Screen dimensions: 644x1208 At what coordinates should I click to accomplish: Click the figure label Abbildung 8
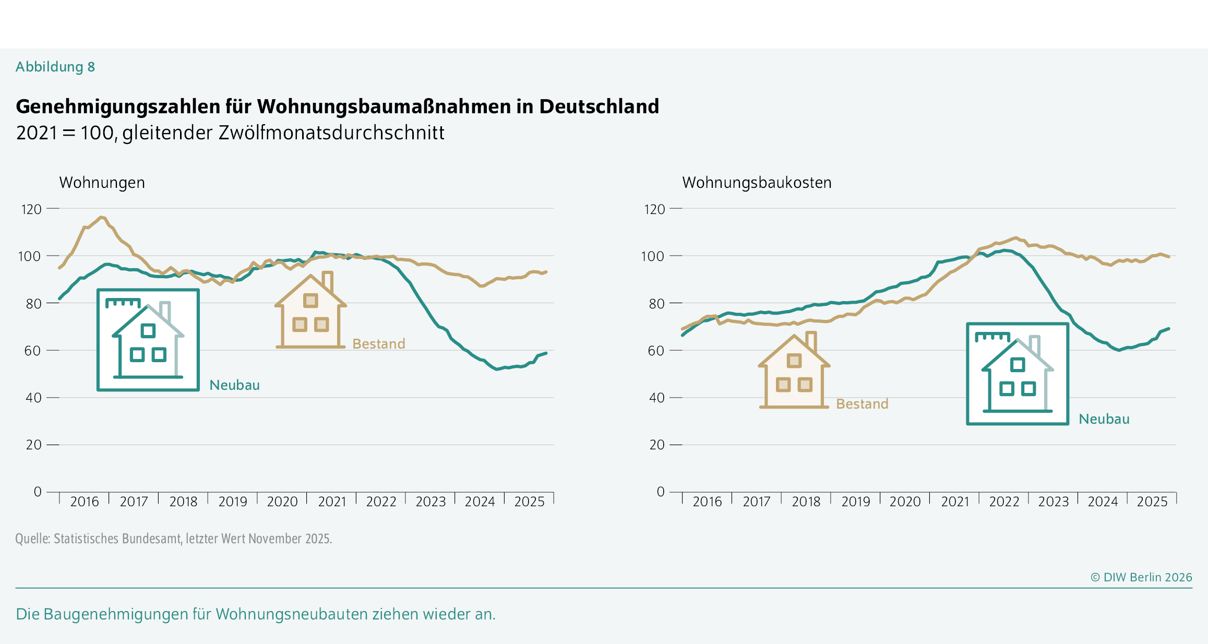tap(55, 67)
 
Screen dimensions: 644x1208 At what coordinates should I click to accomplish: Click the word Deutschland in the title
tap(599, 106)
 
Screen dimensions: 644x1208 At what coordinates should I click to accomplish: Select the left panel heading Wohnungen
tap(102, 183)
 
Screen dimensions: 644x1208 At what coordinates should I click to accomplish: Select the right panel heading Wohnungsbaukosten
tap(756, 183)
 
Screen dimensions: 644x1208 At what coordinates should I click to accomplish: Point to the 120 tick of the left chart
tap(31, 209)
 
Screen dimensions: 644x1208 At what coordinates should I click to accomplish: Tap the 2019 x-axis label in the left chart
tap(232, 502)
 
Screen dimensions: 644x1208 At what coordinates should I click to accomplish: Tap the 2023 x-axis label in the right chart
tap(1053, 502)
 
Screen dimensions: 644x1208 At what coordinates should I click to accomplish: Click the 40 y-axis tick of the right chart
tap(656, 398)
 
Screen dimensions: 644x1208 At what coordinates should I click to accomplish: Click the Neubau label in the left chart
tap(234, 385)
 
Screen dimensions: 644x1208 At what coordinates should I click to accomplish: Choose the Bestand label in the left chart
tap(378, 344)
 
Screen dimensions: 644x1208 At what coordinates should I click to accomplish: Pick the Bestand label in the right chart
tap(862, 404)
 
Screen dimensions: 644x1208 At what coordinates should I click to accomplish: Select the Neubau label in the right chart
tap(1104, 419)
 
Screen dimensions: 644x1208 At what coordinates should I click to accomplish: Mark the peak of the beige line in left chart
tap(101, 217)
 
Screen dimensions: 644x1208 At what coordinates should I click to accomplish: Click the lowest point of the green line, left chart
tap(497, 369)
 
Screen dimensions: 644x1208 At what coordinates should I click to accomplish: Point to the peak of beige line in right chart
tap(1015, 237)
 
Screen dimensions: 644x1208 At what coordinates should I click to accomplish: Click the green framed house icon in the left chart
tap(148, 340)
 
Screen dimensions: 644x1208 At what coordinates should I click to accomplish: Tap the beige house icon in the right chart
tap(794, 372)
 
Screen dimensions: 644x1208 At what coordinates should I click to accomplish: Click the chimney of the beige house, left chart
tap(327, 281)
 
